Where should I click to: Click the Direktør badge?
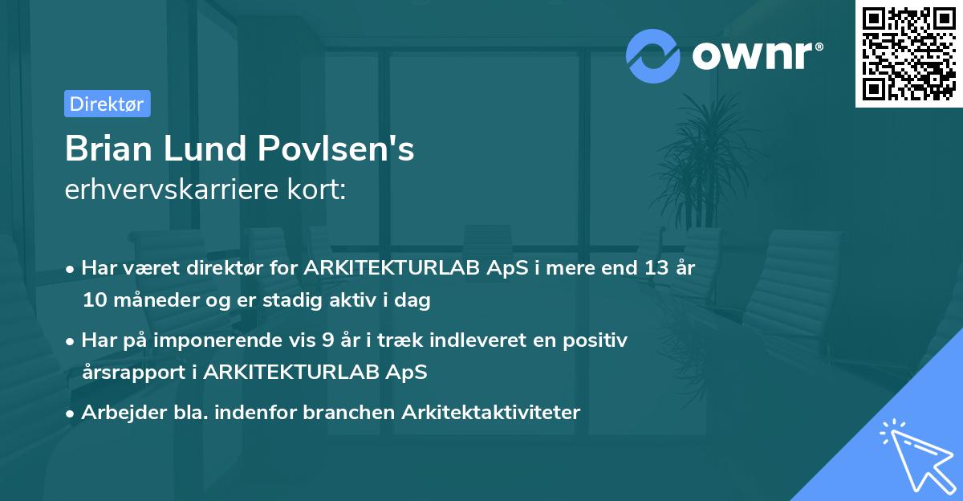click(107, 104)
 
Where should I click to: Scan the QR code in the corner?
click(908, 54)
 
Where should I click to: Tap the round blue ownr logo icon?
click(653, 55)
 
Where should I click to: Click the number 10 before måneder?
click(94, 301)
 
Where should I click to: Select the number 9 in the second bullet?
click(327, 340)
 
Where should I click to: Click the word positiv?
click(598, 340)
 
